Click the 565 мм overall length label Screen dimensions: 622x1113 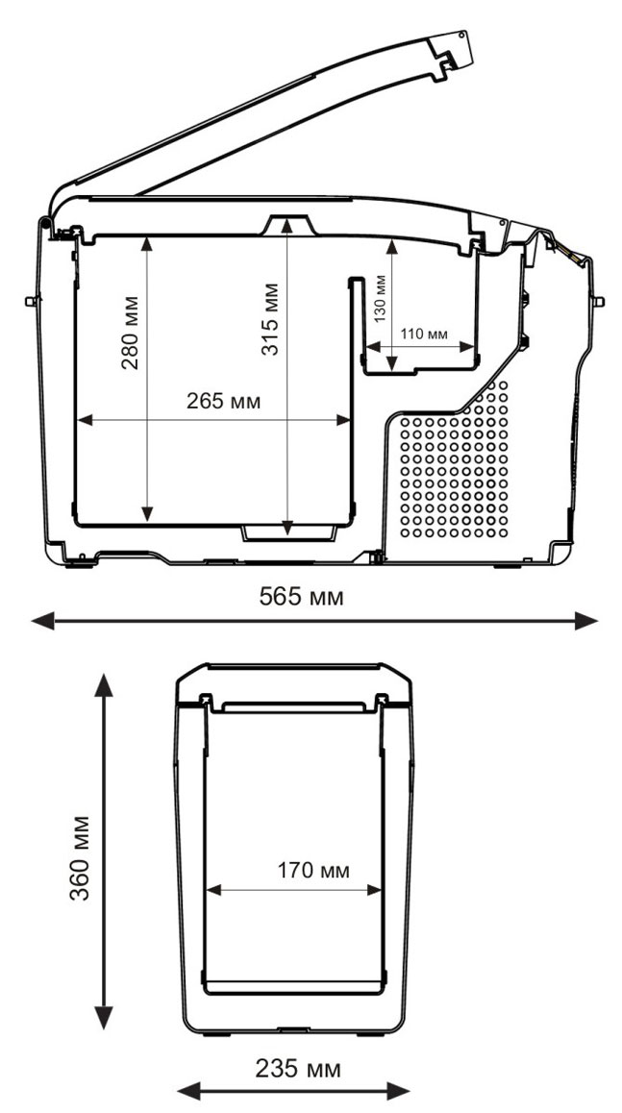(x=301, y=596)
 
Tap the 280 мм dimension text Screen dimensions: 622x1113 (x=130, y=333)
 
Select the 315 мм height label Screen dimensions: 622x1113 (x=270, y=319)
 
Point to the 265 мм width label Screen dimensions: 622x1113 (x=224, y=401)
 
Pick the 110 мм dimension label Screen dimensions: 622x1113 (x=424, y=334)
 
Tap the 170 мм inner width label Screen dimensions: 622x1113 (x=313, y=870)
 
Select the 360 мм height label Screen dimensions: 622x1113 (x=80, y=857)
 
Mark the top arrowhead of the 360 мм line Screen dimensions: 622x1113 (x=105, y=685)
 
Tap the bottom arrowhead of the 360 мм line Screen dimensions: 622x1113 (x=105, y=1017)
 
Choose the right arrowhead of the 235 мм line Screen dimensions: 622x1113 (x=400, y=1090)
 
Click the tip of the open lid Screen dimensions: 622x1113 (x=463, y=34)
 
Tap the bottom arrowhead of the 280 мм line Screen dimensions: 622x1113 (x=147, y=513)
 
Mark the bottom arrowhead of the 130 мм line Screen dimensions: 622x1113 (x=392, y=365)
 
